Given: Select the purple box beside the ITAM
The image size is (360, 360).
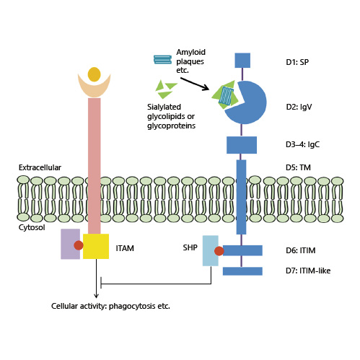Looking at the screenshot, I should [70, 243].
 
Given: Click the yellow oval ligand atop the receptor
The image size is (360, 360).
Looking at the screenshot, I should [94, 74].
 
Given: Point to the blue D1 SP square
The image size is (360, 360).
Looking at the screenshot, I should [242, 60].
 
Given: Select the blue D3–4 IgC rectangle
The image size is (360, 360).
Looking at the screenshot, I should [242, 144].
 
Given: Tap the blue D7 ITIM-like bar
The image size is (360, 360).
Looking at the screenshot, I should [242, 271].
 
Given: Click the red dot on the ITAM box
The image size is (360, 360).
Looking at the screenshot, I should [89, 245].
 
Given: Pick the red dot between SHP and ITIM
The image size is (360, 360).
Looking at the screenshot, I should [219, 251].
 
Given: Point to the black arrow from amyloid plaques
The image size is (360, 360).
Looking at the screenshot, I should [195, 84].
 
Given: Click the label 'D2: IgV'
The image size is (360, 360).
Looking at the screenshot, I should [302, 107].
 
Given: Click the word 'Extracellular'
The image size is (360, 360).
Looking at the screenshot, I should [40, 167].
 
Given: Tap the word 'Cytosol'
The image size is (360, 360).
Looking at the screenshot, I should [31, 227].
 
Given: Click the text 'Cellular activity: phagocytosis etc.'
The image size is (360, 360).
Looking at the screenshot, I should [110, 306].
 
